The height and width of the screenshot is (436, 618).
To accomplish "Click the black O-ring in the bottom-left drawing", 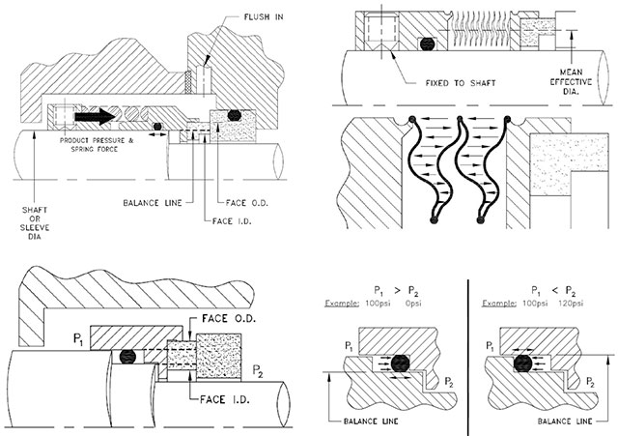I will (123, 356).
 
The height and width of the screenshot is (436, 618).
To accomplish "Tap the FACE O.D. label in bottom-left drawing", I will (228, 317).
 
